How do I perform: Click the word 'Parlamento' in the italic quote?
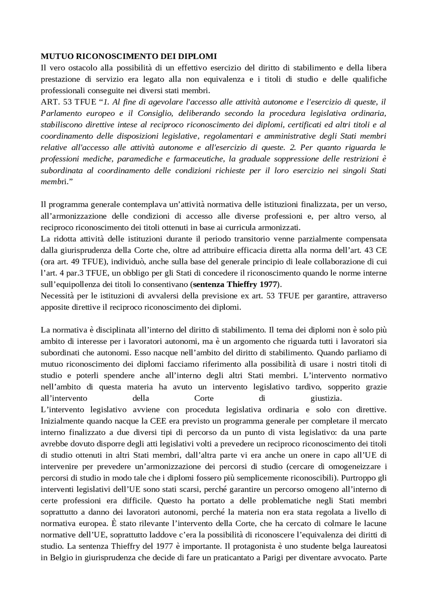(x=60, y=113)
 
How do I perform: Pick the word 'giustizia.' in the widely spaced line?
(x=326, y=398)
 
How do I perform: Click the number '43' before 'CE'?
(x=371, y=250)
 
